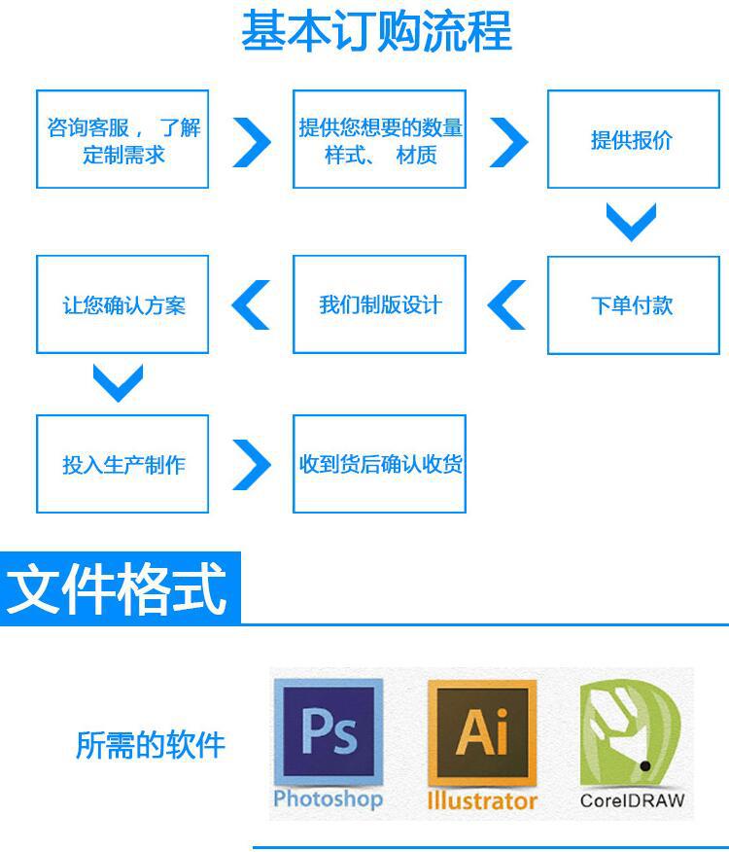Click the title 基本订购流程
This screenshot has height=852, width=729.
[376, 31]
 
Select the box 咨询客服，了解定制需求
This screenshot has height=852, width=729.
[122, 140]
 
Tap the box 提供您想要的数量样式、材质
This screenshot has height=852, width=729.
[379, 140]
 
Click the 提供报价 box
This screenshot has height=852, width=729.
[632, 140]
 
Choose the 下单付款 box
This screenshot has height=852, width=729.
[632, 305]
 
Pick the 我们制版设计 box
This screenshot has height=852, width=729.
[379, 305]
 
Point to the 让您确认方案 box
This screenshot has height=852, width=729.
[122, 305]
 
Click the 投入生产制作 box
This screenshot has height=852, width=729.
[122, 464]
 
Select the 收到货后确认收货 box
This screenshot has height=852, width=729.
[379, 464]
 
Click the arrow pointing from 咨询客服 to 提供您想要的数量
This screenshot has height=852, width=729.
[252, 142]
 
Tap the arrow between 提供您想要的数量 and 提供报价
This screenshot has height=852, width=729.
[507, 142]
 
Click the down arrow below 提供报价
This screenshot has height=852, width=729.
[632, 222]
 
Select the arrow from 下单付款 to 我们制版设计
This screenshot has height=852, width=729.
[505, 305]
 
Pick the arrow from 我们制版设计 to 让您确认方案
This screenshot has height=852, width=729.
[251, 305]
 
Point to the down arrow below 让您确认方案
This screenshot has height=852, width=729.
[119, 383]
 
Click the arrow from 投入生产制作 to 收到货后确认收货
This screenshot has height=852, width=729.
[252, 465]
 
